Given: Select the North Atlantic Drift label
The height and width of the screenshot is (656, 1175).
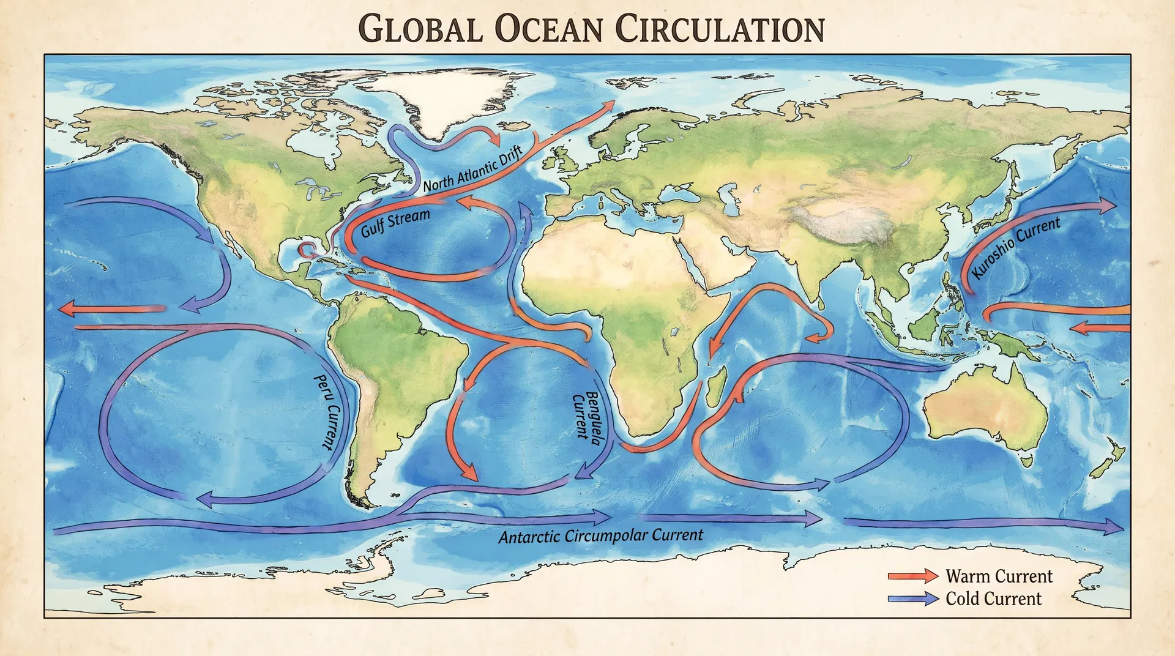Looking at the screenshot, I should tap(472, 168).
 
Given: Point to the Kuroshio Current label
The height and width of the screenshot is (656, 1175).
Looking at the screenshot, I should tap(1016, 247).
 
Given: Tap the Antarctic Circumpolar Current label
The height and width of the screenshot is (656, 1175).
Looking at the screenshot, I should tap(600, 536).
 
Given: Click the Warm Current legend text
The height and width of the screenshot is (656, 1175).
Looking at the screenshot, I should tap(999, 576).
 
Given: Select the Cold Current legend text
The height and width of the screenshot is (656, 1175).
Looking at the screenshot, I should tap(993, 598).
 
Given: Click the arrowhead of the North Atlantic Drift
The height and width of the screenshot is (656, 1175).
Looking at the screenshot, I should tap(608, 106).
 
